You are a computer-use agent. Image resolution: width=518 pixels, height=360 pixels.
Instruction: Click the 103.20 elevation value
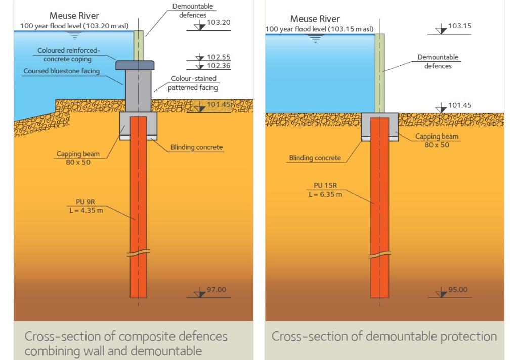click(219, 22)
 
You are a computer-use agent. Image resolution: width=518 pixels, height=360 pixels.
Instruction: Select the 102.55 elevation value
click(219, 57)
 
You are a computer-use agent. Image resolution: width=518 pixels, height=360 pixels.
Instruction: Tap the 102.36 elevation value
click(219, 65)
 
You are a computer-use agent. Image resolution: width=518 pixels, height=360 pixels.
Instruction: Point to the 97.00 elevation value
click(217, 290)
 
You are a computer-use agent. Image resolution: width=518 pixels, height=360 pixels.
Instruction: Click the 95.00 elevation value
click(458, 290)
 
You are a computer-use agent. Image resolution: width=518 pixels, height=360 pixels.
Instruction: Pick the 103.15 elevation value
click(459, 26)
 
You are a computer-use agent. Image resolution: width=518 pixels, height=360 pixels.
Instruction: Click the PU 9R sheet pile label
click(85, 202)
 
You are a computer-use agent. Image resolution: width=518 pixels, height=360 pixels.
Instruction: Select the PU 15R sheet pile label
click(325, 185)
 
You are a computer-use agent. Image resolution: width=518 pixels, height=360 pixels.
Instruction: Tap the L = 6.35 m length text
click(325, 194)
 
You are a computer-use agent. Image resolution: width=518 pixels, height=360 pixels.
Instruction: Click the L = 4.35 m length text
click(86, 210)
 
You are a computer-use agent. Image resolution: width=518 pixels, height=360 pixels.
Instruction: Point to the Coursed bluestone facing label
click(61, 71)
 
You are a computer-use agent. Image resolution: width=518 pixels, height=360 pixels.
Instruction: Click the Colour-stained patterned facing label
click(193, 83)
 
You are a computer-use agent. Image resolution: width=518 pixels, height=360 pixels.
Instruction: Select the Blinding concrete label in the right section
click(315, 158)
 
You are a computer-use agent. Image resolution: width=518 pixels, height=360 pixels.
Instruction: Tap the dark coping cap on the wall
click(135, 65)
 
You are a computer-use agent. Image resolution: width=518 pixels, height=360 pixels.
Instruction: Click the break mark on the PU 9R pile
click(138, 253)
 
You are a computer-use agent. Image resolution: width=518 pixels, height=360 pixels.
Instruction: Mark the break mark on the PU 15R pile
click(379, 255)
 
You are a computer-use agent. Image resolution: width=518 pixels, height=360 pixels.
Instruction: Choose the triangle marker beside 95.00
click(441, 293)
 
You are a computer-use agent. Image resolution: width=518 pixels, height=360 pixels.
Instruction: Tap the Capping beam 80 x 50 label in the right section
click(437, 141)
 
